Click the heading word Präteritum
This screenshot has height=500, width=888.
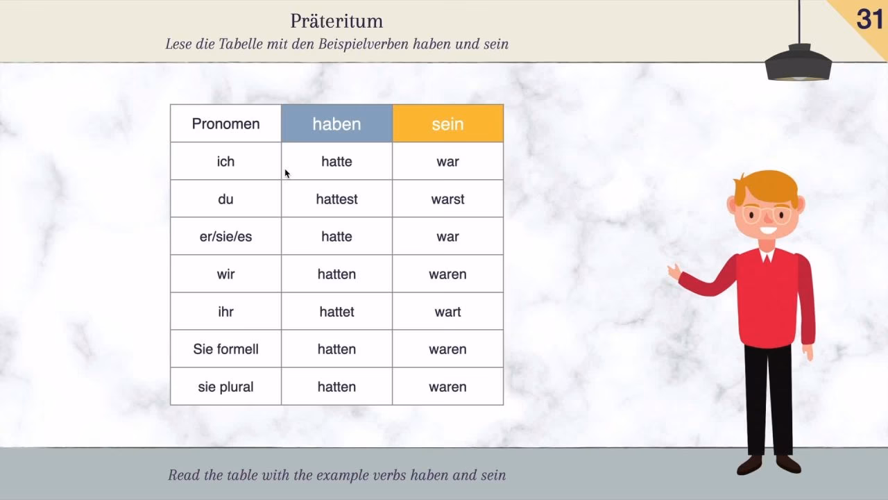point(336,21)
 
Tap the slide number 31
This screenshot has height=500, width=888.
point(870,19)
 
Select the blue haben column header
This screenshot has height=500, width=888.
point(336,124)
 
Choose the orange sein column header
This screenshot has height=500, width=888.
point(448,124)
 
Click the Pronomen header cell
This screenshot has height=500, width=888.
point(225,124)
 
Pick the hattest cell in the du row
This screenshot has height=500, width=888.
point(336,199)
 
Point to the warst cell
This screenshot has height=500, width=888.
point(448,199)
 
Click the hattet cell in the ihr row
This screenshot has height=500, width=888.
point(336,312)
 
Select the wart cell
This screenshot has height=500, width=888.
point(448,312)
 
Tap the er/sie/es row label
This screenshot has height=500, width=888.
point(225,237)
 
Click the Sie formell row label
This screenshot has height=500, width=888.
point(225,349)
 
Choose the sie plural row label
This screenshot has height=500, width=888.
point(225,387)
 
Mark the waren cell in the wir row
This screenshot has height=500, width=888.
point(448,274)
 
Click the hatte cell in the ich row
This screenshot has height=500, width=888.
point(336,162)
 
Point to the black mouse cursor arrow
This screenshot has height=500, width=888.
point(287,174)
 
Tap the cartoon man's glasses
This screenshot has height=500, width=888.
point(767,215)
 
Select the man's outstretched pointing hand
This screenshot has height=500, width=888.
point(674,272)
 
